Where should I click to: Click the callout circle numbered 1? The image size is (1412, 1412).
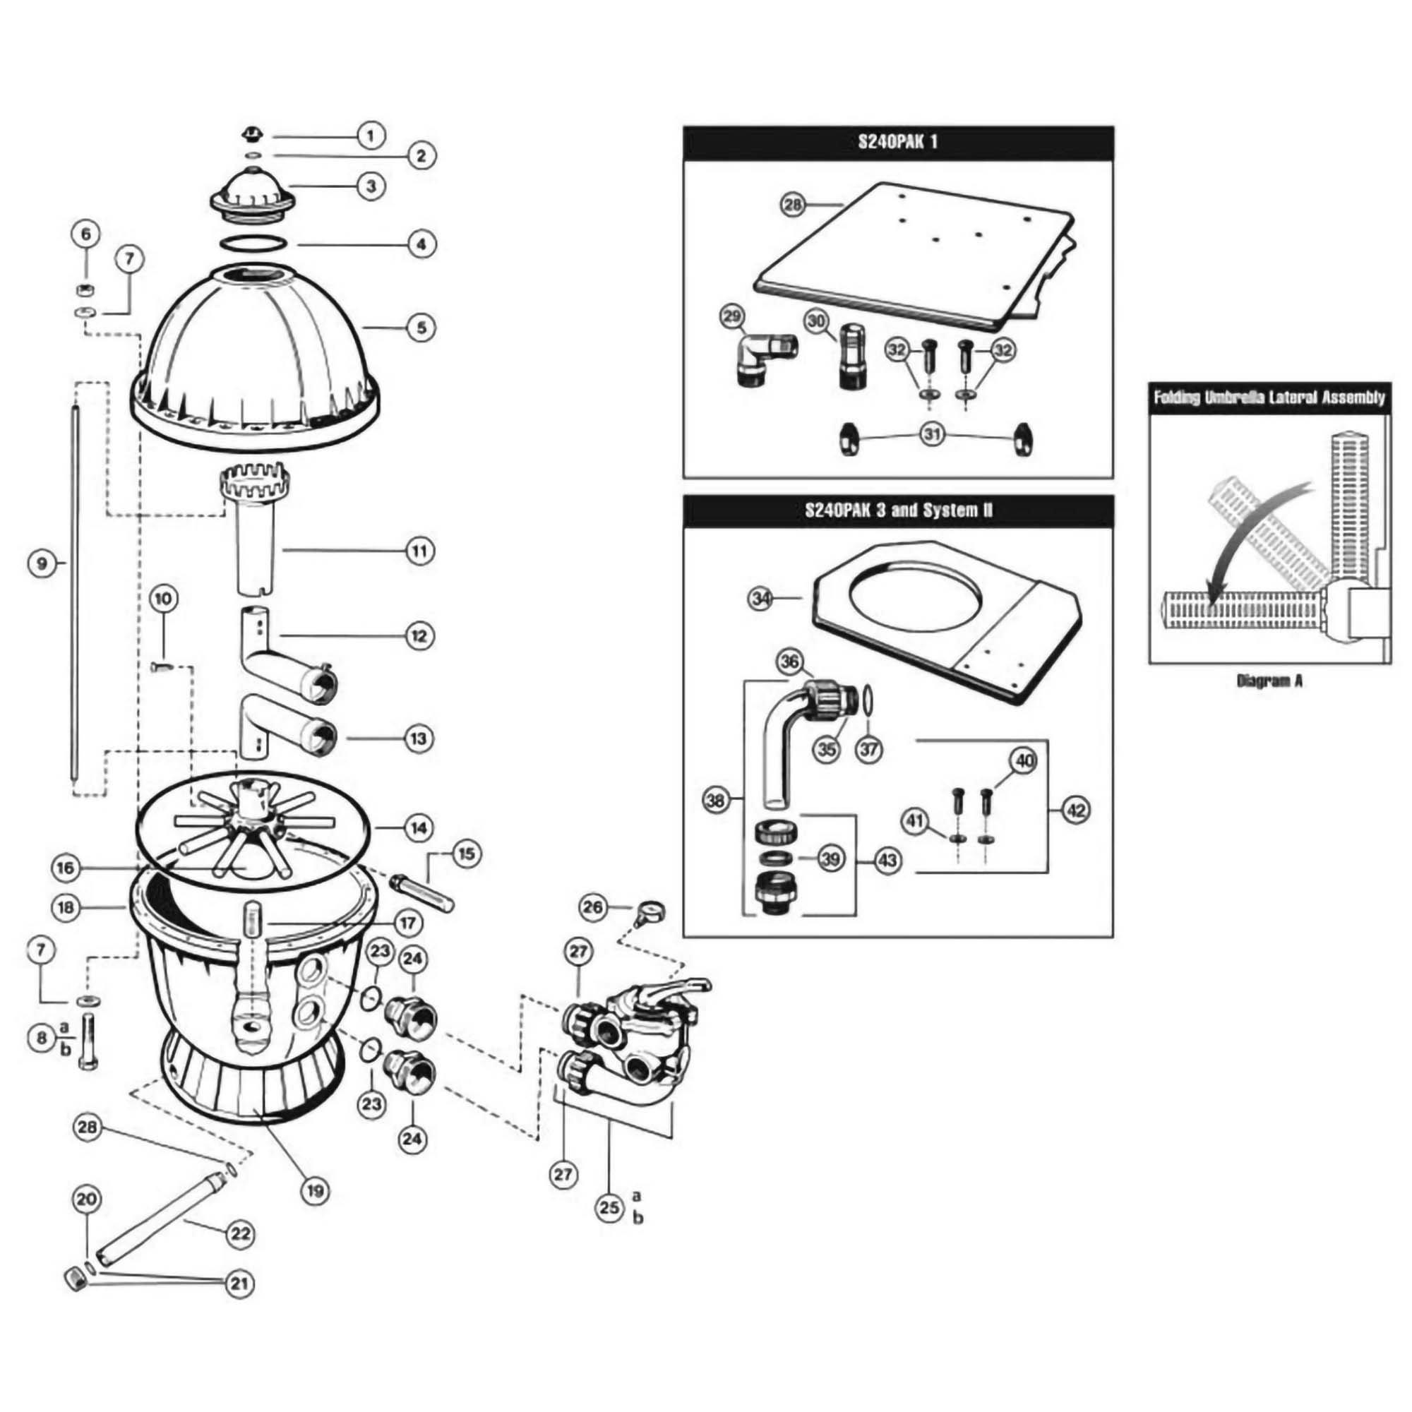tap(371, 136)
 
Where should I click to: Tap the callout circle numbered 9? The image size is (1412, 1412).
tap(42, 563)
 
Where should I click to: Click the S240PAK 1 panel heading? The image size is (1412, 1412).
tap(897, 142)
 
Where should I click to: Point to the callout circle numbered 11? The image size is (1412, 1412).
tap(419, 551)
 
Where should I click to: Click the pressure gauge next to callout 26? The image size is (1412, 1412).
tap(649, 910)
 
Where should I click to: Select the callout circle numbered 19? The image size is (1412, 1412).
tap(314, 1191)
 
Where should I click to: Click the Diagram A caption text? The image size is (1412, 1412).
tap(1269, 681)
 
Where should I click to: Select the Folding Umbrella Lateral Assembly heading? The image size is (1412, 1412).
tap(1269, 397)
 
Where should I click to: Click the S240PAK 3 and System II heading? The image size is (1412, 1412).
tap(897, 510)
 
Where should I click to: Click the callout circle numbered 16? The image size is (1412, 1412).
tap(65, 868)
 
